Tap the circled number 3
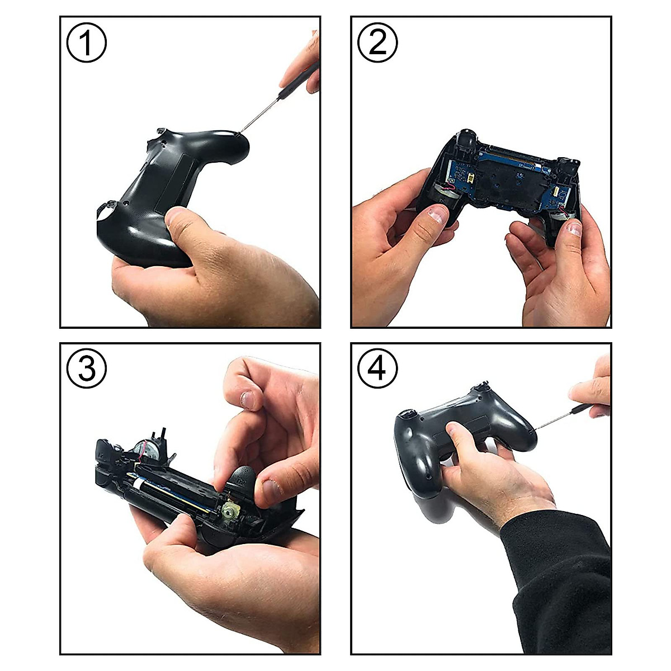pyautogui.click(x=86, y=370)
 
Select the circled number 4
pyautogui.click(x=377, y=370)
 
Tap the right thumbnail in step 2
pyautogui.click(x=574, y=228)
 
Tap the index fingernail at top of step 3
pyautogui.click(x=247, y=400)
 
